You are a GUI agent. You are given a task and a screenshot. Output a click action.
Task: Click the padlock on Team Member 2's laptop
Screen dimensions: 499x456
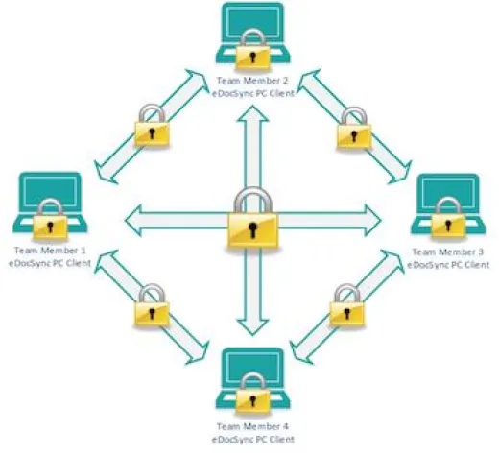coord(252,51)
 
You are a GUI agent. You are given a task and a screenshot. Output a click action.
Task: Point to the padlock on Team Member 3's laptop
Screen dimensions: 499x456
coord(448,219)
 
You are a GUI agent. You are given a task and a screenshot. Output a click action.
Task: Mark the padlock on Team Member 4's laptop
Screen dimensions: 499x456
coord(252,395)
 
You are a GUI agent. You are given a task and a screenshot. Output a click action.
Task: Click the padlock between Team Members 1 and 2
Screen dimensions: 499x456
coord(152,127)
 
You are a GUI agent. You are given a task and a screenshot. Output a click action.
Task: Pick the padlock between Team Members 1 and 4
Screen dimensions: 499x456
coord(152,306)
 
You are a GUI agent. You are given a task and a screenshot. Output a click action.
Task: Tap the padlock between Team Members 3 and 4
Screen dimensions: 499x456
coord(347,306)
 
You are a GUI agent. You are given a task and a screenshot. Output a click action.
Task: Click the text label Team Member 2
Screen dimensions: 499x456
coord(252,81)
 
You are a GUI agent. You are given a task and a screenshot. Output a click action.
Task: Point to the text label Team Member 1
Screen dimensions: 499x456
coord(50,251)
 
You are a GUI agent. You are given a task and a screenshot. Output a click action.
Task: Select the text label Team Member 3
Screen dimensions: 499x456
coord(448,252)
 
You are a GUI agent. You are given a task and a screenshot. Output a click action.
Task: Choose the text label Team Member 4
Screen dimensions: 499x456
coord(252,426)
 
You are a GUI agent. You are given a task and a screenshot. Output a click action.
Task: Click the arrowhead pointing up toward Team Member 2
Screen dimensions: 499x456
coord(252,114)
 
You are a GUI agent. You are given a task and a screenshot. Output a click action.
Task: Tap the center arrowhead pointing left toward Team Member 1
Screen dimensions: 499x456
coord(133,221)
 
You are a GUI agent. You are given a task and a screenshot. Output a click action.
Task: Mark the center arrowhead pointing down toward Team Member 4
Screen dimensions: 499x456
coord(252,327)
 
